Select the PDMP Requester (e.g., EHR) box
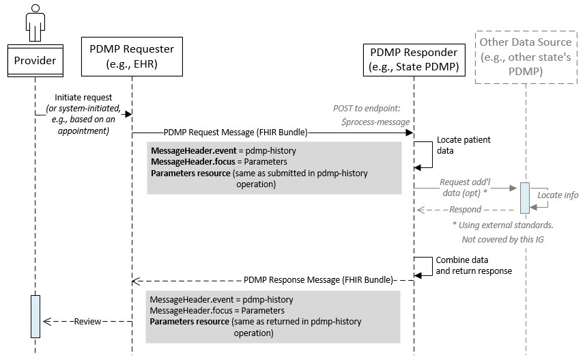tap(132, 56)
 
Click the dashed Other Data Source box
tap(526, 57)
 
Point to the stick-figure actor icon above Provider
tap(35, 22)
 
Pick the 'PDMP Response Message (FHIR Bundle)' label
tap(318, 280)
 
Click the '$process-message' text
tap(375, 120)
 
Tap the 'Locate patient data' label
tap(463, 146)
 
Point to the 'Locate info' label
tap(558, 195)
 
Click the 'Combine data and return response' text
tap(473, 265)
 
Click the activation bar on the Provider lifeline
tap(35, 316)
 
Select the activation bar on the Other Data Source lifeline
tap(524, 198)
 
